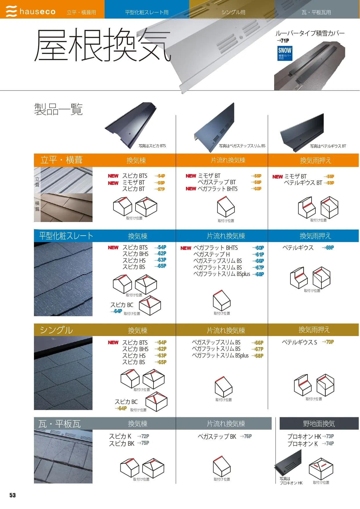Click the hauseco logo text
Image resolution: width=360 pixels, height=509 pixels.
(x=37, y=12)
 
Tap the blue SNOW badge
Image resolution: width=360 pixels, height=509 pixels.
(x=285, y=53)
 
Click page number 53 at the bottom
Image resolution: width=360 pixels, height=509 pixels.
(x=12, y=495)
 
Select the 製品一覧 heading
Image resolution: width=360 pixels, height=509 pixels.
(x=58, y=109)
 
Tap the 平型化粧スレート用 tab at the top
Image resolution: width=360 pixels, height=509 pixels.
(x=146, y=12)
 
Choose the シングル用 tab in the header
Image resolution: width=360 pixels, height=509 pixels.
(x=233, y=12)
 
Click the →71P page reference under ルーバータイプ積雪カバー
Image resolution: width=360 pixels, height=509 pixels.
(x=283, y=41)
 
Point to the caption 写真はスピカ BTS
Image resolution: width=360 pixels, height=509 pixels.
(x=152, y=146)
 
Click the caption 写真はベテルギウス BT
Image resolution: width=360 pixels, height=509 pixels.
(x=328, y=146)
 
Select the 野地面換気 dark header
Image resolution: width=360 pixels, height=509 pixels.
(x=319, y=424)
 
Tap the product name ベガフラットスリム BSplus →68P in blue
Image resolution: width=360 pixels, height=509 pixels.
(x=229, y=274)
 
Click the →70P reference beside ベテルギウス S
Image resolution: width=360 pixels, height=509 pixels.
(x=328, y=342)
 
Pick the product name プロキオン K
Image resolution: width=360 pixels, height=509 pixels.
(x=302, y=444)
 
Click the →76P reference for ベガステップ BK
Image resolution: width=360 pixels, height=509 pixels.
(x=246, y=436)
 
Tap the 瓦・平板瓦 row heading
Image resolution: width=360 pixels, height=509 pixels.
(x=59, y=424)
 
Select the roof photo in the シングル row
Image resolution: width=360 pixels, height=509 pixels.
(x=63, y=373)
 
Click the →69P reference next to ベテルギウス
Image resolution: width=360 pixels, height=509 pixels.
(x=328, y=248)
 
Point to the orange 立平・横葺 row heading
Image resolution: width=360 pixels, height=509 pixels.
(x=61, y=160)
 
